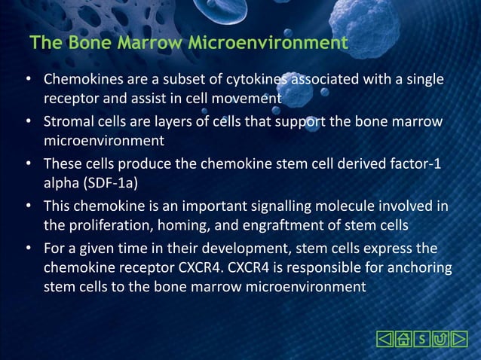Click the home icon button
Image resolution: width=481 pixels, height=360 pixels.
point(404,339)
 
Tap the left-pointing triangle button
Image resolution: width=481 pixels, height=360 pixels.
point(384,339)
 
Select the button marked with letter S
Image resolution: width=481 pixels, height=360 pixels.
point(423,339)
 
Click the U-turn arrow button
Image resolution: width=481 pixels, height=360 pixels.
point(441,339)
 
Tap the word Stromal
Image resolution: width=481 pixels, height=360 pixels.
point(69,121)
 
